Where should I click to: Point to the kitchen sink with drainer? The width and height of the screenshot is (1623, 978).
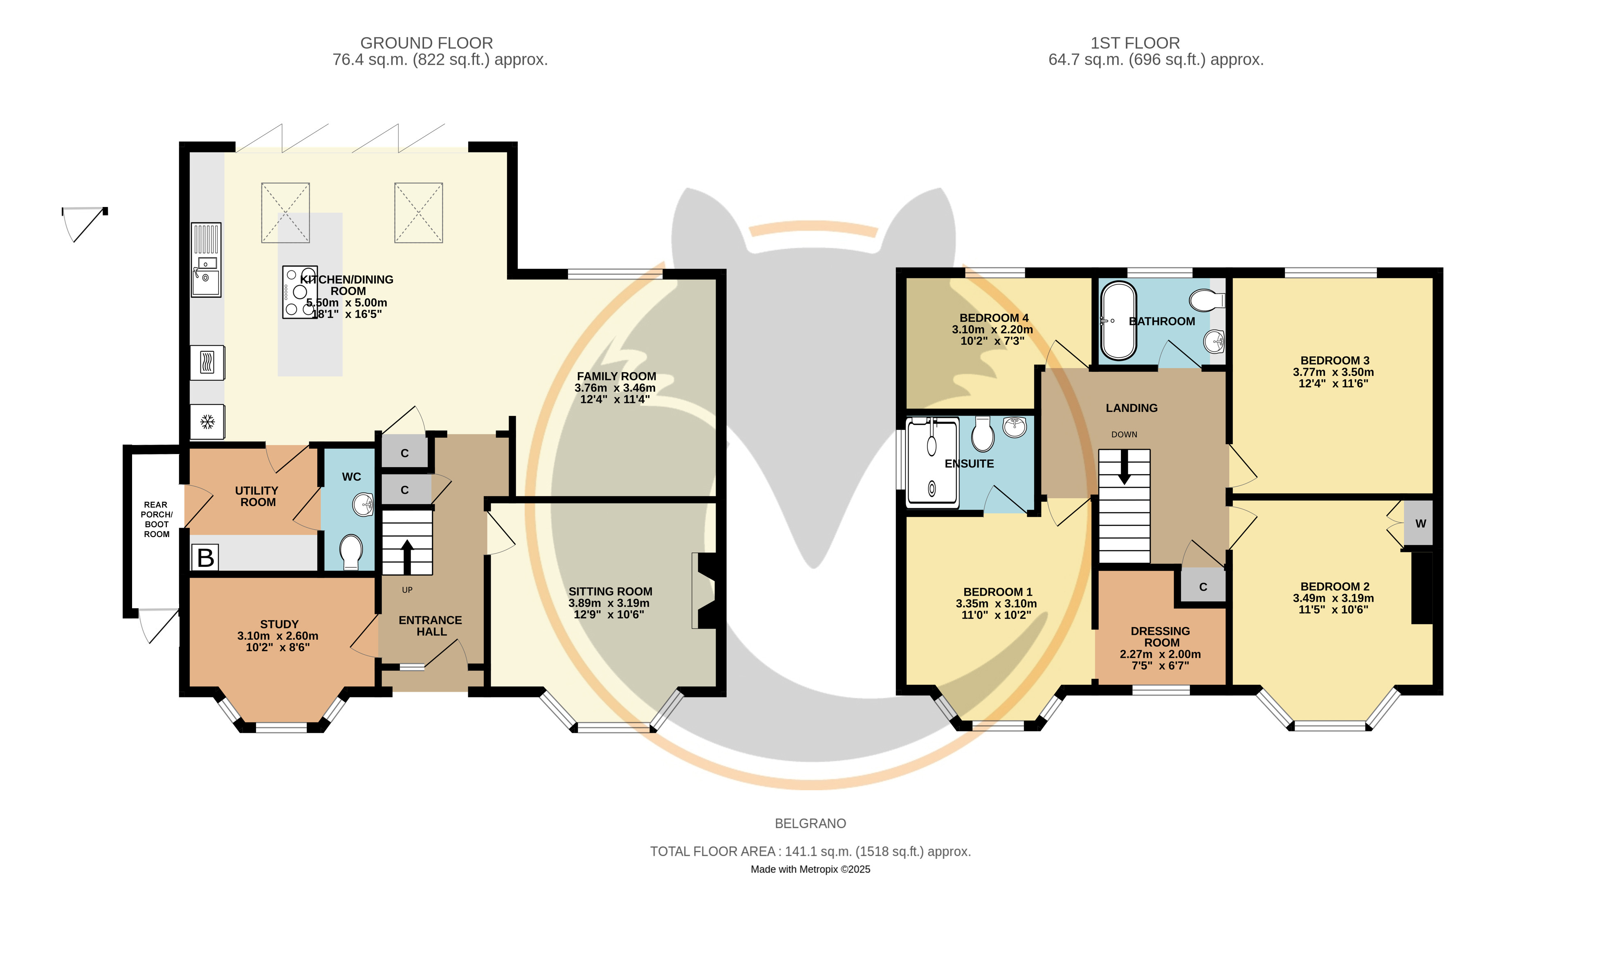click(x=206, y=260)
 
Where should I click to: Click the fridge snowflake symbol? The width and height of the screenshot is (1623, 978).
click(x=207, y=422)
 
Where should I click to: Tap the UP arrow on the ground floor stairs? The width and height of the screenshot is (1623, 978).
click(x=407, y=557)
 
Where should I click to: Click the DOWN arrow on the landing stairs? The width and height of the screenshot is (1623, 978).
click(x=1125, y=467)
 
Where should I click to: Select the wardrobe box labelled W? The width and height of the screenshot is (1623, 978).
click(x=1418, y=523)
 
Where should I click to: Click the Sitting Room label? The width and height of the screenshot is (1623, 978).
click(x=611, y=592)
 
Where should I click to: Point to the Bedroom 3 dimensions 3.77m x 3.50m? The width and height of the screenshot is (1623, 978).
click(x=1334, y=372)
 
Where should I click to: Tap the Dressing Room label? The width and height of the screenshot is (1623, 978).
click(x=1161, y=636)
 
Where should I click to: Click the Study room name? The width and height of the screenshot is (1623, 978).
click(x=279, y=624)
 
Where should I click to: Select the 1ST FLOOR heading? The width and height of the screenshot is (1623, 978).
click(x=1135, y=43)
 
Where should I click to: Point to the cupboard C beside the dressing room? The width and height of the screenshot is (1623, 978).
click(x=1203, y=586)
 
